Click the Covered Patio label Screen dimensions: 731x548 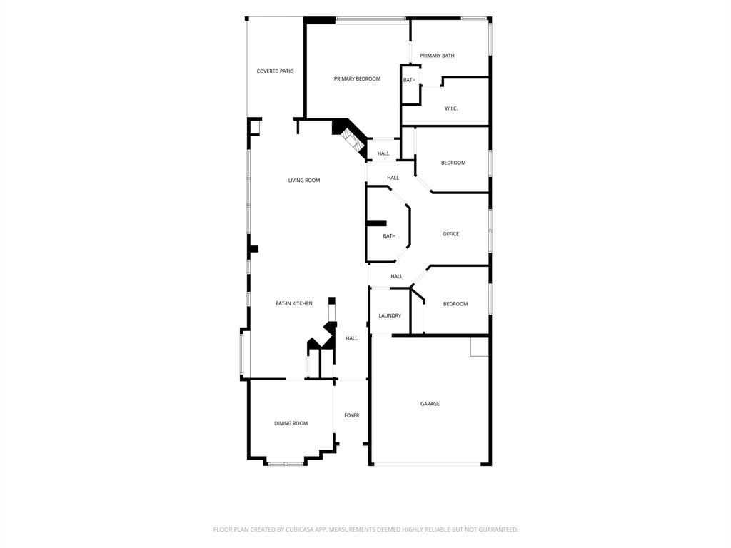[275, 71]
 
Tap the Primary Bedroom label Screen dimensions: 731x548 [357, 78]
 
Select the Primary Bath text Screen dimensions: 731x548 [437, 56]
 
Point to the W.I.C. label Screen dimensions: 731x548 [451, 108]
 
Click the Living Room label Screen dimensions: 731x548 [304, 181]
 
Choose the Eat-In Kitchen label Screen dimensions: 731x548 [293, 303]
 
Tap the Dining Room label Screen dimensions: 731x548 [291, 423]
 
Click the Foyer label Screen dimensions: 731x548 [351, 415]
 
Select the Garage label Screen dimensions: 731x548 [430, 404]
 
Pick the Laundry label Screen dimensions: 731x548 [390, 315]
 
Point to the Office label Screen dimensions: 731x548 [451, 234]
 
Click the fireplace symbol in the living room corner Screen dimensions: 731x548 [351, 141]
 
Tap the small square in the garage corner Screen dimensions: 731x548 [479, 346]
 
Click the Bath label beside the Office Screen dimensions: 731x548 [389, 236]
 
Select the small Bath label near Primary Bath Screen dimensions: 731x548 [409, 80]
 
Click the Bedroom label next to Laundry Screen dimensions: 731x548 [455, 304]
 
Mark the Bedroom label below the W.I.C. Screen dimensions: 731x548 [453, 163]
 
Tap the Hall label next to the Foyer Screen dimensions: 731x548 [351, 338]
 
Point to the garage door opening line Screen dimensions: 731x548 [427, 464]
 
